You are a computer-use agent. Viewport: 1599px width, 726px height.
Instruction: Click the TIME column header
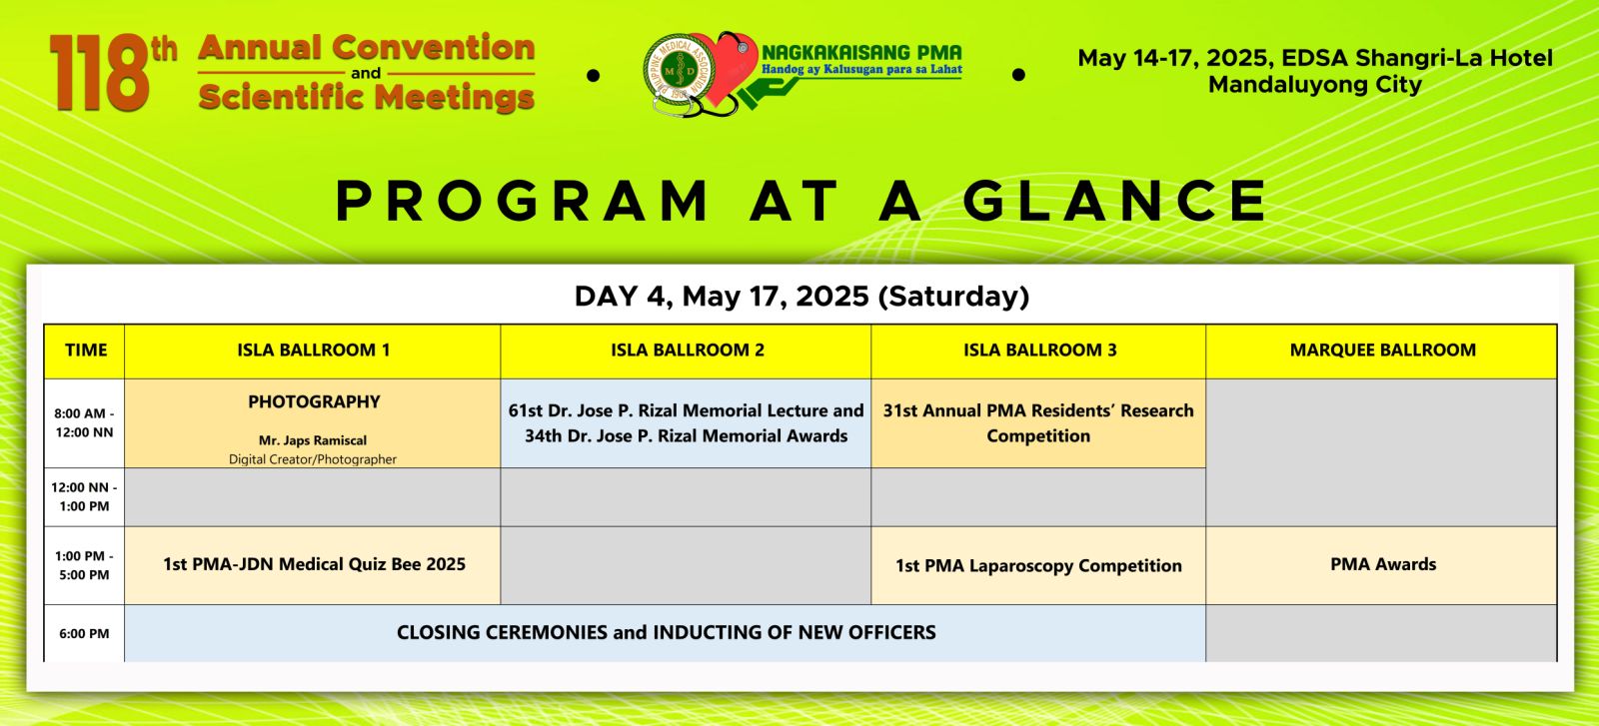pos(86,351)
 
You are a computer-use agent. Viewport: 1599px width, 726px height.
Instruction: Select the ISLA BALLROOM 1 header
pos(314,351)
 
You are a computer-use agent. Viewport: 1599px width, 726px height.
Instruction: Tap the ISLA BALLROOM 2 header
pos(688,351)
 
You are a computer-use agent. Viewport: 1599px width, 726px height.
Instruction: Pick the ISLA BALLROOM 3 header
pos(1040,351)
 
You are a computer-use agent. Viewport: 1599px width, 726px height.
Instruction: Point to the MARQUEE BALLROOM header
pos(1383,351)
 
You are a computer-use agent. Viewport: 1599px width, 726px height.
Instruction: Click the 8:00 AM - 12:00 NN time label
pos(84,422)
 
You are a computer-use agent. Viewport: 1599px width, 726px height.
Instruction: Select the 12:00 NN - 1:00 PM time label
pos(84,497)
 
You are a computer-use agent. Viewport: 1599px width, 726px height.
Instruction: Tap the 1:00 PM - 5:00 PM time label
pos(84,565)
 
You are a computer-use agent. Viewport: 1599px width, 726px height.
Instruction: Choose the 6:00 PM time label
pos(84,633)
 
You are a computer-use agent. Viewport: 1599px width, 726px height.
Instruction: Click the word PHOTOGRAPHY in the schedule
pos(314,402)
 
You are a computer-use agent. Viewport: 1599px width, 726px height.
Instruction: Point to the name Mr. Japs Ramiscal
pos(313,440)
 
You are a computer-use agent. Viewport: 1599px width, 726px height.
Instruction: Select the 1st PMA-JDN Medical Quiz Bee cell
pos(314,565)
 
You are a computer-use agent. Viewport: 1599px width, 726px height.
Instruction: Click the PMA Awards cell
pos(1383,564)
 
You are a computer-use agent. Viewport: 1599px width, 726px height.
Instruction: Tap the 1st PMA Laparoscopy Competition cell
pos(1038,566)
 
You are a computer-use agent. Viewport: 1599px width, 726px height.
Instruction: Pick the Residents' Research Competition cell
pos(1038,423)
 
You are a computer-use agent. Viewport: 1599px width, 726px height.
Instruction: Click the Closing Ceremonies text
pos(666,632)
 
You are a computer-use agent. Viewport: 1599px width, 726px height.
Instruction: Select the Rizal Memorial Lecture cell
pos(686,423)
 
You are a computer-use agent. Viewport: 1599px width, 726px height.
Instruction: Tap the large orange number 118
pos(100,73)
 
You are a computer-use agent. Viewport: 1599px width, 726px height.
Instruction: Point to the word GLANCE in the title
pos(1115,201)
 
